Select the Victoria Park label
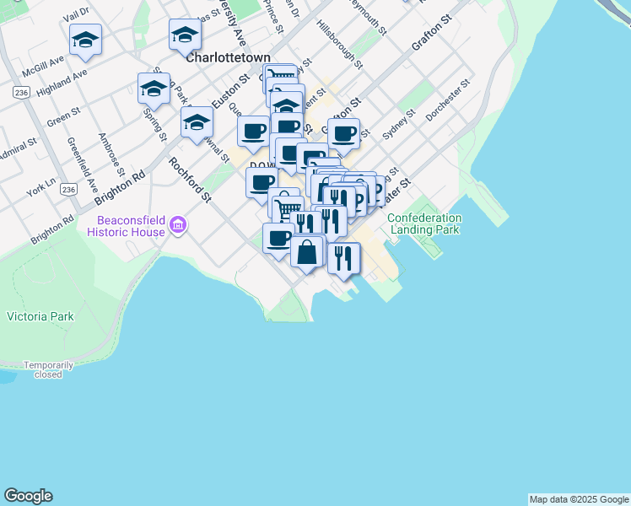(40, 317)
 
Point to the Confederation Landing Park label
(424, 223)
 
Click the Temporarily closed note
(48, 369)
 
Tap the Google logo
(28, 496)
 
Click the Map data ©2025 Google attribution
(579, 499)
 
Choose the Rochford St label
(189, 180)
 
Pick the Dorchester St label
(446, 111)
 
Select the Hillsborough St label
(340, 45)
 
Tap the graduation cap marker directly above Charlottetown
(185, 35)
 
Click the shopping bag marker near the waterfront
(307, 250)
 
